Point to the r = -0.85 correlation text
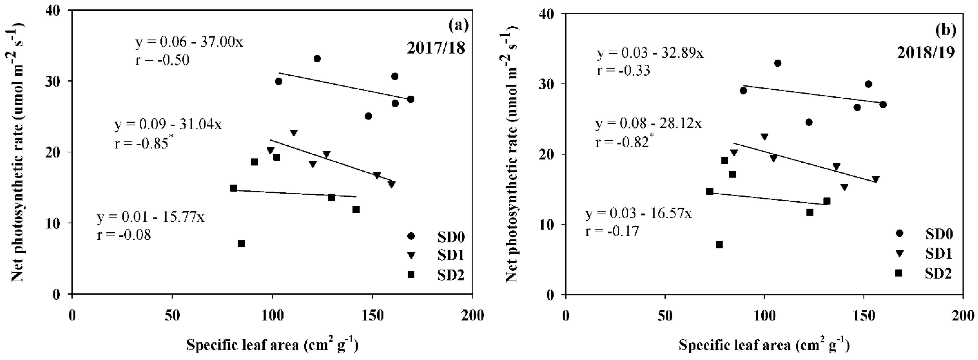141,143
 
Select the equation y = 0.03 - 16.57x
639,213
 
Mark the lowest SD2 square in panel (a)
241,243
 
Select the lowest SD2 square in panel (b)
719,245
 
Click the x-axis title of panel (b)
764,345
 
